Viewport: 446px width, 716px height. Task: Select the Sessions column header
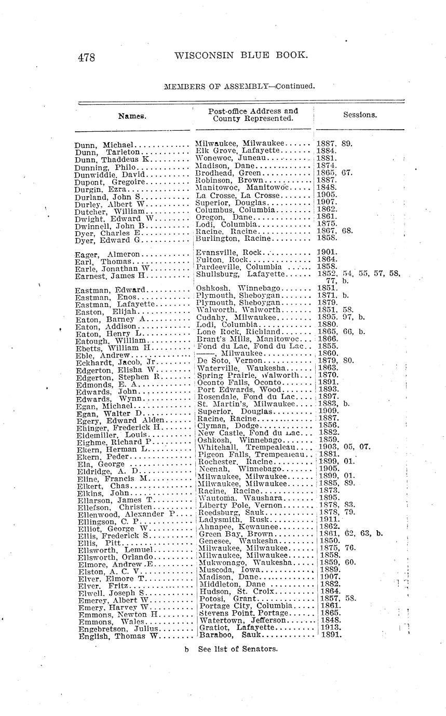(360, 115)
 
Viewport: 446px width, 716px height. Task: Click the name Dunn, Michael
(105, 145)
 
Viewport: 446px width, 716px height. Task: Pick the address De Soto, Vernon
(225, 360)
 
